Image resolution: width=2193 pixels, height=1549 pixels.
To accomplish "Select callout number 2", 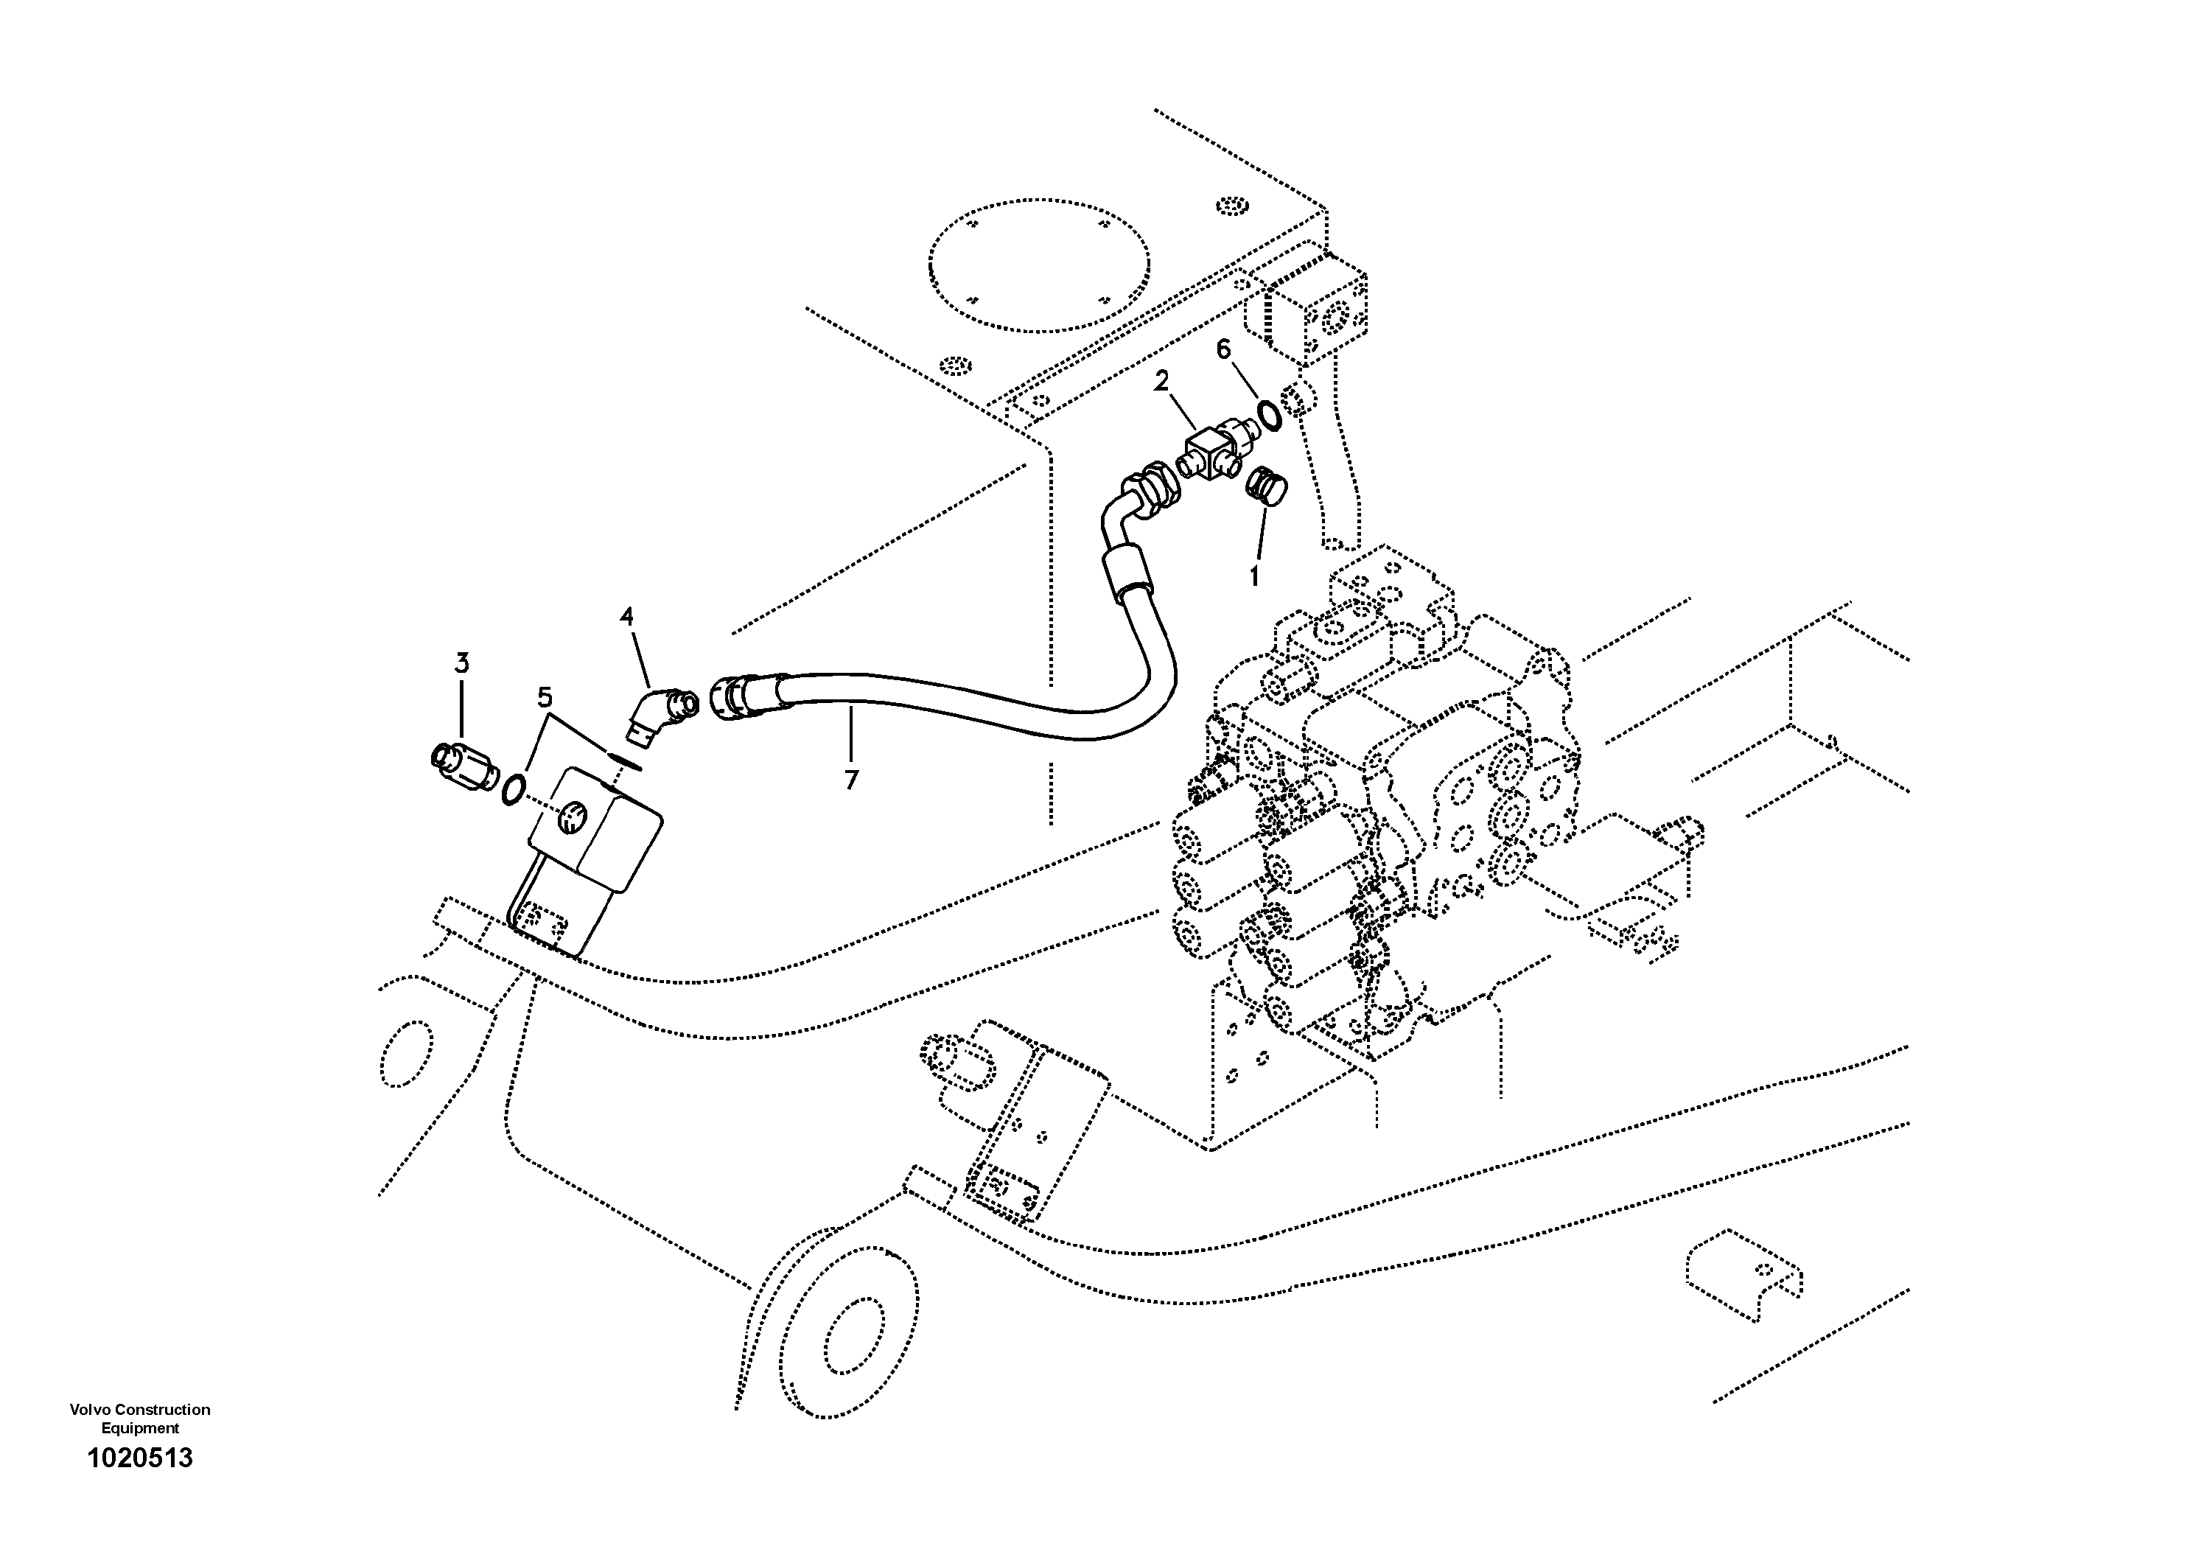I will (x=1161, y=382).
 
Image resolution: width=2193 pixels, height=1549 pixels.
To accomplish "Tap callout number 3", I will (x=461, y=662).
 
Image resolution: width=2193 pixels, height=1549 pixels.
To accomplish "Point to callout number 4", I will (x=626, y=617).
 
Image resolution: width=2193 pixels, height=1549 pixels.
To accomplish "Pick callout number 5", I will (x=545, y=697).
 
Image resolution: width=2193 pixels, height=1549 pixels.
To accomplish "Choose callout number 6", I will (x=1225, y=349).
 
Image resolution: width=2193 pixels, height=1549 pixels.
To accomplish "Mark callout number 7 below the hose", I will (x=851, y=780).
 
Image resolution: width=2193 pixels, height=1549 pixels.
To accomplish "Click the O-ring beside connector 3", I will (x=513, y=789).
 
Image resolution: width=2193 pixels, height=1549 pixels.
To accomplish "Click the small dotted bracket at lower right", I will (x=1744, y=1278).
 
